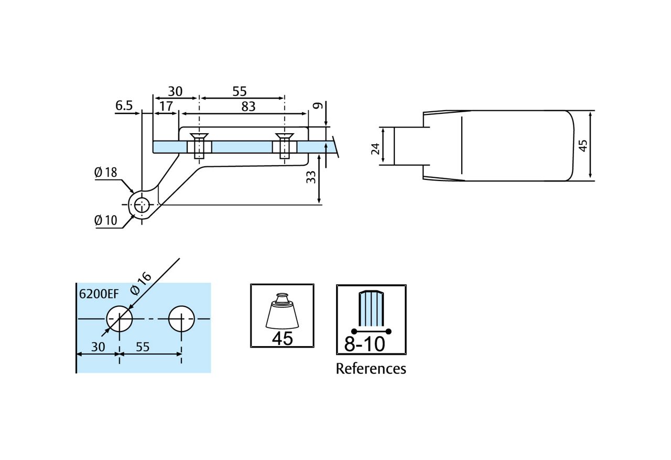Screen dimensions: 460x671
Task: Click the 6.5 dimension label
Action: pyautogui.click(x=124, y=105)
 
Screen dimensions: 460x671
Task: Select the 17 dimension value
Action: pyautogui.click(x=166, y=106)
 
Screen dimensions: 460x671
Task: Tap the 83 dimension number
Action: pyautogui.click(x=248, y=106)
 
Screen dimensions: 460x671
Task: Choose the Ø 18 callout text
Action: pyautogui.click(x=106, y=173)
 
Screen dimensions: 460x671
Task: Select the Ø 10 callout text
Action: pyautogui.click(x=106, y=220)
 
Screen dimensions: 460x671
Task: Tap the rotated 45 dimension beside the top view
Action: pyautogui.click(x=583, y=145)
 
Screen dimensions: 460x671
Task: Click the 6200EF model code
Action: pyautogui.click(x=99, y=294)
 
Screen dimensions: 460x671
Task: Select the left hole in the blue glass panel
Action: pyautogui.click(x=120, y=318)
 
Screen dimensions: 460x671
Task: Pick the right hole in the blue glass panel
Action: pyautogui.click(x=181, y=318)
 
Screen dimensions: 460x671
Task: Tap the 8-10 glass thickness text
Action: pyautogui.click(x=364, y=344)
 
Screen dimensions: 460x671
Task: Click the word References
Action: pyautogui.click(x=371, y=369)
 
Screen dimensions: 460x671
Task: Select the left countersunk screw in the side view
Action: pyautogui.click(x=199, y=146)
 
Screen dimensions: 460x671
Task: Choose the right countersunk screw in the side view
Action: pyautogui.click(x=285, y=146)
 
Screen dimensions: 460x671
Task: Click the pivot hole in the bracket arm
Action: pyautogui.click(x=142, y=205)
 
